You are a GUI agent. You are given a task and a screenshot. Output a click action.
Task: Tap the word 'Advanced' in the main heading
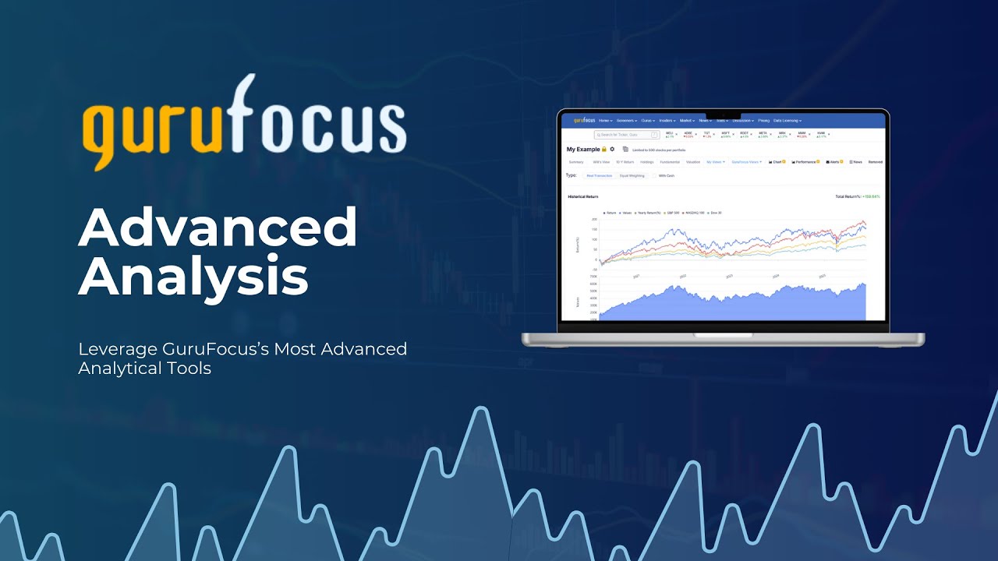coord(218,227)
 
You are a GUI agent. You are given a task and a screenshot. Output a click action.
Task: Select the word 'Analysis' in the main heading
coord(193,277)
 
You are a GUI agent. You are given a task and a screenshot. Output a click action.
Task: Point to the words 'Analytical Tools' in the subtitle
coord(145,369)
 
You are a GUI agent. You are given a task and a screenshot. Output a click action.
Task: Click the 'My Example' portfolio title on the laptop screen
coord(583,149)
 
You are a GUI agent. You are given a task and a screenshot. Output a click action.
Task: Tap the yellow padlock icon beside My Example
coord(604,149)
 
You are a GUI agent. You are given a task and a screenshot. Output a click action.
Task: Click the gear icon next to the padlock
coord(612,149)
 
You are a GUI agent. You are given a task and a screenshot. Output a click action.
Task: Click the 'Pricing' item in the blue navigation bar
coord(763,121)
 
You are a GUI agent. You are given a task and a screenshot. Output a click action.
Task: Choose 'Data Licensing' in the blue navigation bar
coord(787,121)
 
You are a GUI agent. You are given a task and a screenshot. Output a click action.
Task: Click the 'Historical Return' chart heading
coord(583,196)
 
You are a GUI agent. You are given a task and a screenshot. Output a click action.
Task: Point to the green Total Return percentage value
coord(871,196)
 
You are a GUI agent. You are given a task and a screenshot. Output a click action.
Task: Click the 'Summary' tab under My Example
coord(576,162)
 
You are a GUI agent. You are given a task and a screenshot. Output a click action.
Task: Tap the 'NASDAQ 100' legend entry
coord(694,212)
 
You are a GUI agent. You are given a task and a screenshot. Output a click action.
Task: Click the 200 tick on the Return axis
coord(595,220)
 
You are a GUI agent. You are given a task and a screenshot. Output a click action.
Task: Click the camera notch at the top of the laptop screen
coord(724,115)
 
